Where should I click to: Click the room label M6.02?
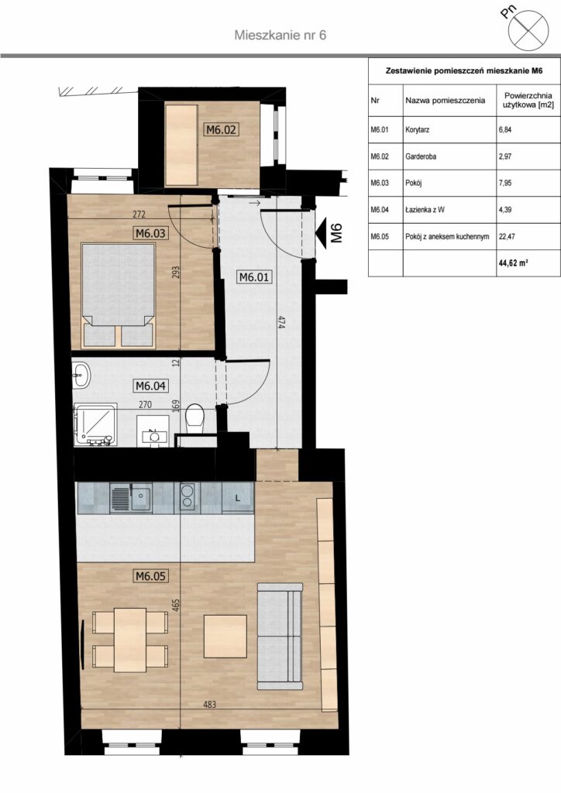[x=221, y=129]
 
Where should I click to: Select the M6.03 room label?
[x=151, y=233]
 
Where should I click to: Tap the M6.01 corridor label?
[x=254, y=276]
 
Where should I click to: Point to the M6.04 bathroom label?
[x=151, y=386]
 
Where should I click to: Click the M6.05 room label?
[x=151, y=575]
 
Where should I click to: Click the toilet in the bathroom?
[x=194, y=419]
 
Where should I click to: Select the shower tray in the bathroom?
[x=95, y=424]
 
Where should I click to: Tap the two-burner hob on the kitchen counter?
[x=188, y=496]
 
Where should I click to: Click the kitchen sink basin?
[x=141, y=498]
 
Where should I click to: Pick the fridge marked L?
[x=238, y=498]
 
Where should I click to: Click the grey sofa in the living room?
[x=280, y=636]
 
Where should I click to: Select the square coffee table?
[x=225, y=636]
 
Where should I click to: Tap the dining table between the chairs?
[x=130, y=639]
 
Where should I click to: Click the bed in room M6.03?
[x=118, y=295]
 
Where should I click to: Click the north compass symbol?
[x=528, y=30]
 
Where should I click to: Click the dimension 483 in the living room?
[x=209, y=704]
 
